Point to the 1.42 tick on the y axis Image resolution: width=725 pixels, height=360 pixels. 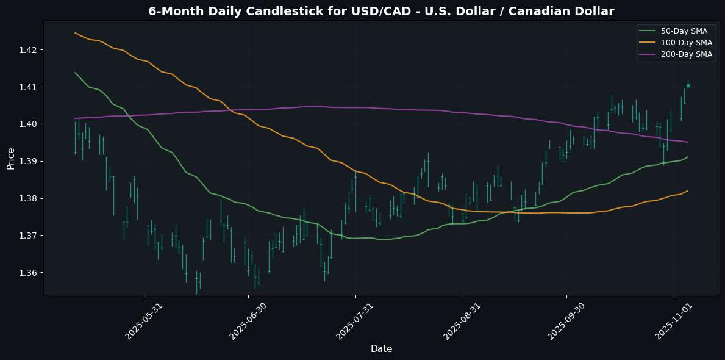[27, 50]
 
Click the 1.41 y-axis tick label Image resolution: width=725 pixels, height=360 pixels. [27, 87]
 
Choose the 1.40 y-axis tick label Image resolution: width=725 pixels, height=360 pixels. [27, 124]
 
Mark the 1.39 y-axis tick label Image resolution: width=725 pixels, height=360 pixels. [27, 161]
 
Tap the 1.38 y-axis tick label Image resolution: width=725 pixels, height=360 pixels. [27, 198]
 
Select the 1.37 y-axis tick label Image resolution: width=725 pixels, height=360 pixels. [27, 236]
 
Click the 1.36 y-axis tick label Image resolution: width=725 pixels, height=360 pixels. [27, 273]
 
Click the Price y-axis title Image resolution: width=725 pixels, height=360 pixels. [11, 157]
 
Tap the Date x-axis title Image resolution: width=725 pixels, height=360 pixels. [381, 349]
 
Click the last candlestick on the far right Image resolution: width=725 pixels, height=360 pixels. [688, 85]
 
